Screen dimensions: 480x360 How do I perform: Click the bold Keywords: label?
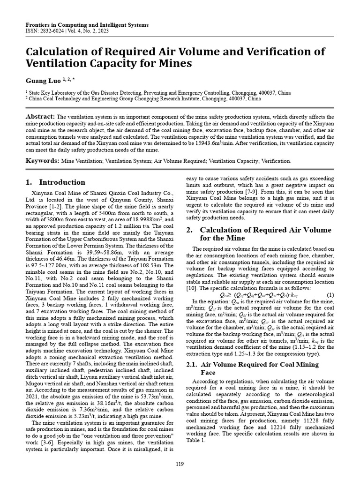pyautogui.click(x=42, y=161)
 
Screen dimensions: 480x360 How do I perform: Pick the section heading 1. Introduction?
pyautogui.click(x=55, y=182)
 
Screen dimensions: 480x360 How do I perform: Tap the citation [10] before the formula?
pyautogui.click(x=193, y=288)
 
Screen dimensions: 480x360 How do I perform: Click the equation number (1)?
pyautogui.click(x=330, y=295)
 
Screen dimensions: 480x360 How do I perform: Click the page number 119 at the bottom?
pyautogui.click(x=180, y=464)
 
